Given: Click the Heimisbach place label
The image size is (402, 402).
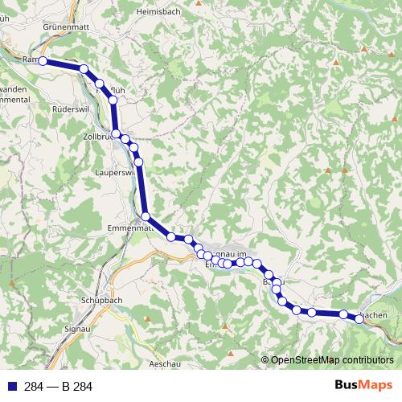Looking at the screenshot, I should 158,13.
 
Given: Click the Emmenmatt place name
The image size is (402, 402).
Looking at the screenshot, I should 129,228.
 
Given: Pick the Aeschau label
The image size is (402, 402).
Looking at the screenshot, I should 164,363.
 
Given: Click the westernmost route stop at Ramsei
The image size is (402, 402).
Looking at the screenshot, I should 42,60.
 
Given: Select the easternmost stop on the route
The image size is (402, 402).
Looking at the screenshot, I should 359,319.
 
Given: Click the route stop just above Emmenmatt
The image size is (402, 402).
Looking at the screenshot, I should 146,215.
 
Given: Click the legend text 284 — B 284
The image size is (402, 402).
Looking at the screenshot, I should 59,387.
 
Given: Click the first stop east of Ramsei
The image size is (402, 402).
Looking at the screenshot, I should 83,69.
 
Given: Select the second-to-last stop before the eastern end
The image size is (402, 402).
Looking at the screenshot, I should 343,314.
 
